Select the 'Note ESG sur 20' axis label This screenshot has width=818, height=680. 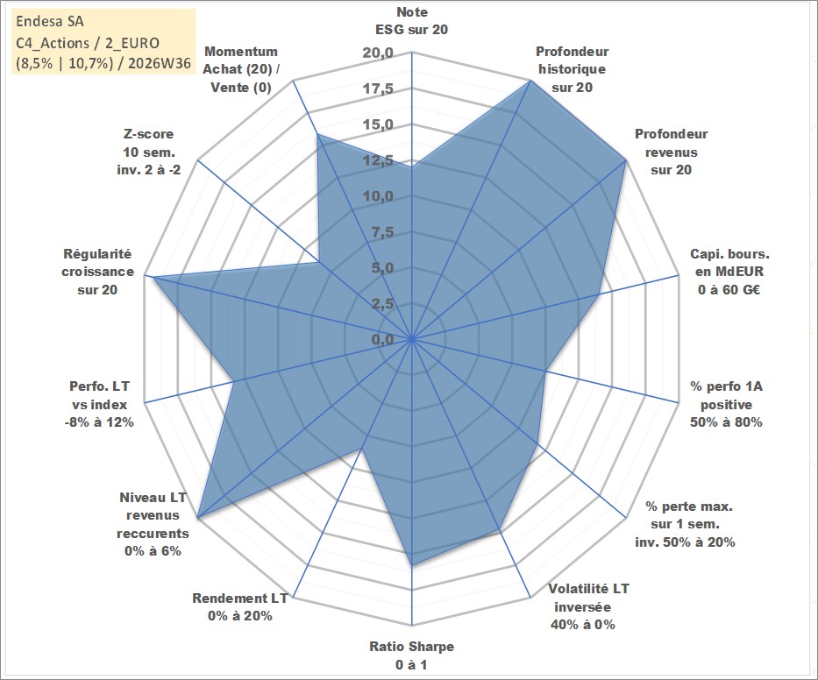click(x=411, y=21)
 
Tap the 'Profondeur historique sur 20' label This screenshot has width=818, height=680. click(x=572, y=69)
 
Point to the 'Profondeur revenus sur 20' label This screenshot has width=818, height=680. click(x=671, y=152)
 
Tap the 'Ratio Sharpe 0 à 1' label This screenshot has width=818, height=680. click(x=411, y=655)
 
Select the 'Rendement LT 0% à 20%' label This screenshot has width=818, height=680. click(x=240, y=607)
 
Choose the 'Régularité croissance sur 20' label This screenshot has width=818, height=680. click(x=97, y=272)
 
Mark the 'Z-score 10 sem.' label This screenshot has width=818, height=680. click(x=149, y=152)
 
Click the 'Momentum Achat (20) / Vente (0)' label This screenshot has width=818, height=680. click(x=241, y=69)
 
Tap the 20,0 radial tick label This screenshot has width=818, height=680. click(x=378, y=53)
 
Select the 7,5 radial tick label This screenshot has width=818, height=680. click(x=383, y=232)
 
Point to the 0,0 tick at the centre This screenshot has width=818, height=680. click(x=383, y=340)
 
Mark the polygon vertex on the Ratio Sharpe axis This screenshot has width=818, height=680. click(x=412, y=564)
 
